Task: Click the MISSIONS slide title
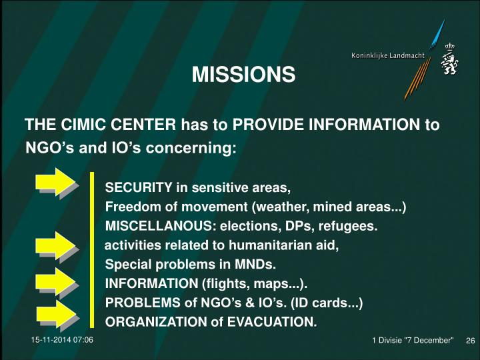tap(243, 75)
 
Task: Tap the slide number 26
tap(469, 341)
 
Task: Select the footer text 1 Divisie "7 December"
tap(413, 341)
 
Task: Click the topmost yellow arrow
tap(57, 183)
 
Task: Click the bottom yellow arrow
tap(57, 314)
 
